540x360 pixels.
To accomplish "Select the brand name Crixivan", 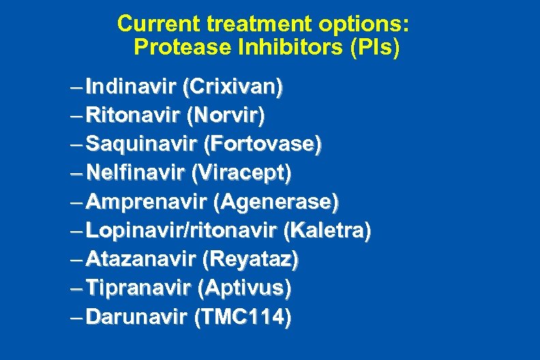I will tap(233, 87).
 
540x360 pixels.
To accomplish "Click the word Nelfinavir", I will tap(136, 173).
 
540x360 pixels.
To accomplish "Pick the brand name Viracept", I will tap(242, 173).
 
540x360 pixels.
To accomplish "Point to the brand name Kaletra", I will tap(328, 230).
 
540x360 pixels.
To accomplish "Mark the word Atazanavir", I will tap(140, 259).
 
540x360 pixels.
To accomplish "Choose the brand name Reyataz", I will tap(251, 259).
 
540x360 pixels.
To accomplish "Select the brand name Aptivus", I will tap(243, 288).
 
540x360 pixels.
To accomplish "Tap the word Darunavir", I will tap(137, 316).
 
